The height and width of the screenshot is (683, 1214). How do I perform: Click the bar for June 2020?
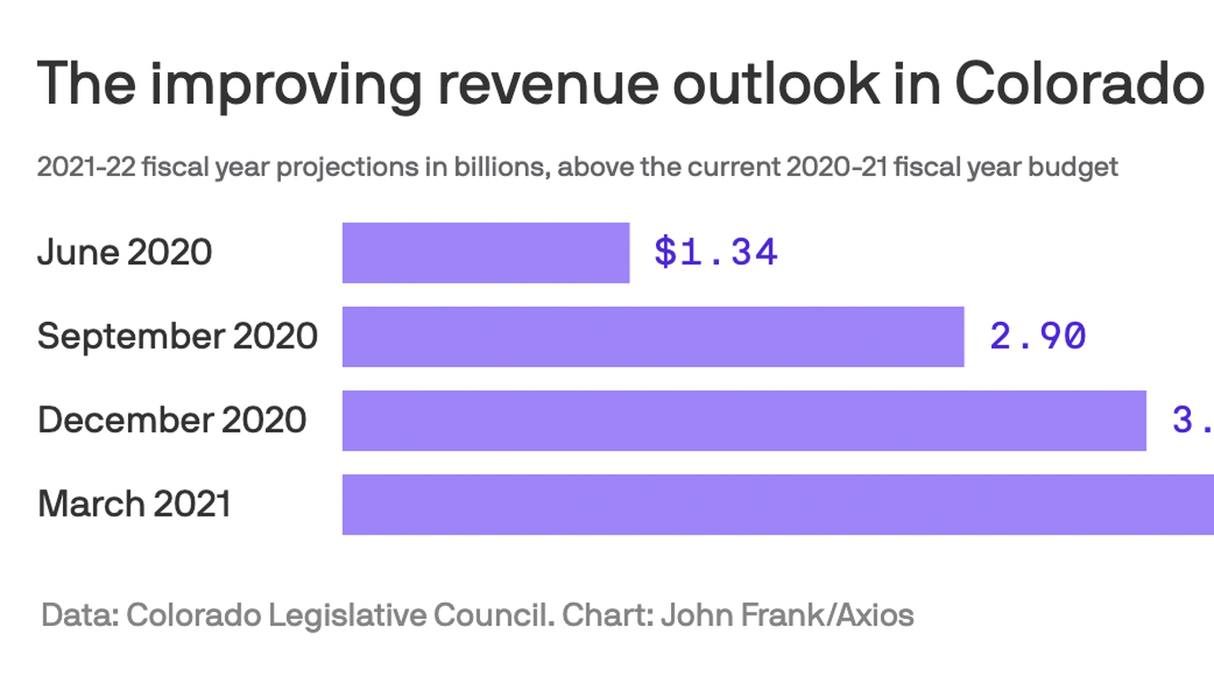click(x=486, y=253)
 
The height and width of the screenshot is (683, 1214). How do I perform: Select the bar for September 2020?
click(x=653, y=336)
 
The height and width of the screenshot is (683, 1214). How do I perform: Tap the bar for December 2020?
click(x=744, y=420)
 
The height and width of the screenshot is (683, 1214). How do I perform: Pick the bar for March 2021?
click(x=778, y=504)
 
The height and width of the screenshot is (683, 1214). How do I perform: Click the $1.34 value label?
click(x=715, y=253)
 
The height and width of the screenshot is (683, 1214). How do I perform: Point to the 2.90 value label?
click(x=1038, y=336)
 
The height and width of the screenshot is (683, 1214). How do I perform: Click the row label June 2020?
click(x=124, y=253)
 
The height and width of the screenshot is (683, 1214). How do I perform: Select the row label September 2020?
click(x=177, y=336)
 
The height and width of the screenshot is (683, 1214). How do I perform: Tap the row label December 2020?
click(x=172, y=420)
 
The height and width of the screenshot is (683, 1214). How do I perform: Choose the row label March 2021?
click(x=133, y=504)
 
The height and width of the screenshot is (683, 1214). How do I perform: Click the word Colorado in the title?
click(x=1079, y=83)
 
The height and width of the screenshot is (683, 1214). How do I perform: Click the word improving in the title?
click(x=284, y=83)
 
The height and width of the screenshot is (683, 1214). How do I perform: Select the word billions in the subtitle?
click(x=499, y=167)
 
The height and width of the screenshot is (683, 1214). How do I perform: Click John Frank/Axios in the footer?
click(x=787, y=615)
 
